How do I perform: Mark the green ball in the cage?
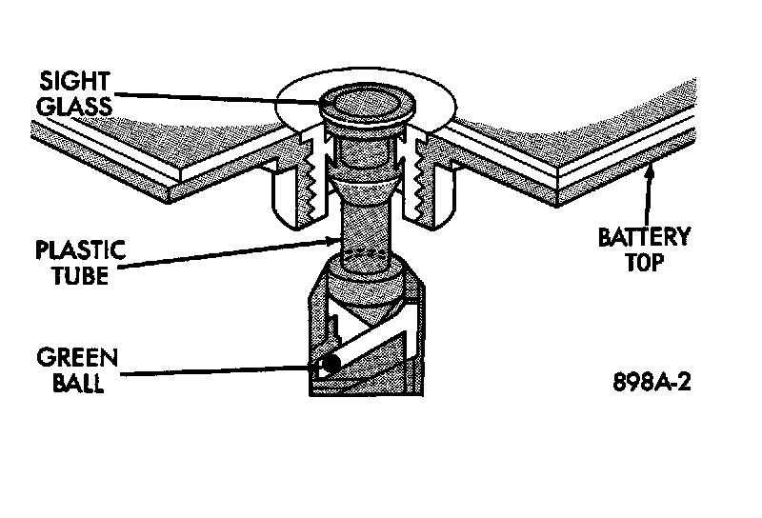(x=330, y=365)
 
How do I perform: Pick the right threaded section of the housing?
(x=421, y=186)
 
